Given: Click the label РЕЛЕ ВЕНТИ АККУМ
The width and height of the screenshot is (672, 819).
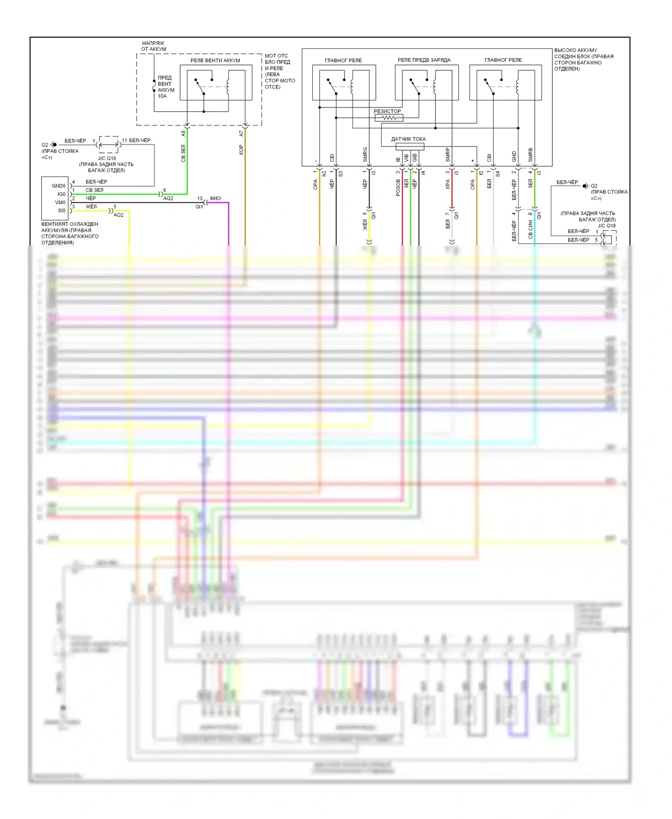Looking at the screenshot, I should click(x=215, y=60).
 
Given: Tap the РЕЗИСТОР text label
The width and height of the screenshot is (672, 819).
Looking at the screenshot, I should click(x=388, y=111).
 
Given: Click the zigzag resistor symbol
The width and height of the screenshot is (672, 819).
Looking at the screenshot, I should click(x=389, y=118).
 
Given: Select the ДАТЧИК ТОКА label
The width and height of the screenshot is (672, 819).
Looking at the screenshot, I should click(x=408, y=139).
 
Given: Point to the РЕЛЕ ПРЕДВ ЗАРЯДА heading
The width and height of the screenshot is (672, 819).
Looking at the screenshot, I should click(x=424, y=60).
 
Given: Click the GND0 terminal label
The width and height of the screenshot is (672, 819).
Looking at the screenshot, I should click(x=58, y=186).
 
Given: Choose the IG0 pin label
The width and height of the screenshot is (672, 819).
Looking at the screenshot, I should click(x=61, y=194).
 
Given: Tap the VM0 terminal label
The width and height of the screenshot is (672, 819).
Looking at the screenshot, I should click(x=60, y=203).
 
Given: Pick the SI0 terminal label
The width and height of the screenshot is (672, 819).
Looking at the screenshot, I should click(x=61, y=211).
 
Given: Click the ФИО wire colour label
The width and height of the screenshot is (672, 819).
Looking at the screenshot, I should click(x=215, y=198).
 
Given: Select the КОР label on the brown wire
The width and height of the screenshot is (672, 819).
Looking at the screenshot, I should click(x=241, y=150).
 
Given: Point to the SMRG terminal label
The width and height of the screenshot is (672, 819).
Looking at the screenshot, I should click(x=365, y=155).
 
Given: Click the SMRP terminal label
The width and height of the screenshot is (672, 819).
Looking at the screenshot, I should click(x=448, y=155).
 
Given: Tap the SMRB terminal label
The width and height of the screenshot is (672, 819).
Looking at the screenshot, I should click(x=530, y=155).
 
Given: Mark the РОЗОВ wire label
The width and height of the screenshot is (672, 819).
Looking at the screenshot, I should click(x=398, y=188).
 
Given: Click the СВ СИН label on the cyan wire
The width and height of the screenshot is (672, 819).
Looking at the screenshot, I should click(x=530, y=228).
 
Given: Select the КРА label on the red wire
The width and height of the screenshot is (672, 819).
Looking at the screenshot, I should click(x=448, y=184).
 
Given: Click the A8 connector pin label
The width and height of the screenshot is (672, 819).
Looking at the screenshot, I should click(x=183, y=134).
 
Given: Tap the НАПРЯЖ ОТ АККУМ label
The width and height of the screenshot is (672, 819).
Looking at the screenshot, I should click(x=154, y=46).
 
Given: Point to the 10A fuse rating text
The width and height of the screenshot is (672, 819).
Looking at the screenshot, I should click(x=162, y=96).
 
